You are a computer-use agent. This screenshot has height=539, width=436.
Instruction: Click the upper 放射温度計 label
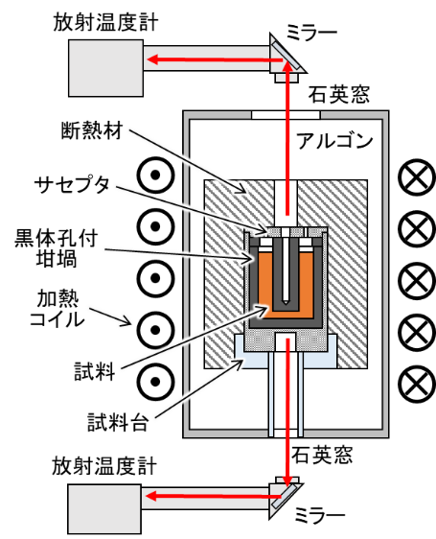click(x=105, y=23)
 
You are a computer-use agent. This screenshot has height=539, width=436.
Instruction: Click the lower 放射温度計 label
click(x=104, y=466)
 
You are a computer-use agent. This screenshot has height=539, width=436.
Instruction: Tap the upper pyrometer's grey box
click(x=105, y=68)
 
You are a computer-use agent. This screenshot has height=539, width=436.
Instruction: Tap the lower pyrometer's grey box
click(x=104, y=508)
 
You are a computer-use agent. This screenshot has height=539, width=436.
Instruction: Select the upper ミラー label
click(x=311, y=34)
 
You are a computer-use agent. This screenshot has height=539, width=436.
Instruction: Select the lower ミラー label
click(x=319, y=516)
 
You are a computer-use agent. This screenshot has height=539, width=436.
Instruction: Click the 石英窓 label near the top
click(x=338, y=94)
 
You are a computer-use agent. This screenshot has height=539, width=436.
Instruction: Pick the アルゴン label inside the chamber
click(x=334, y=141)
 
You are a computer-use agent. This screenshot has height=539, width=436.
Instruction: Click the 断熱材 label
click(x=92, y=130)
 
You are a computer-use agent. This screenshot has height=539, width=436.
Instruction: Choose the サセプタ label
click(x=72, y=184)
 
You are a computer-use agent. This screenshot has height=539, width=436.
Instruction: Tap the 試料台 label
click(x=118, y=422)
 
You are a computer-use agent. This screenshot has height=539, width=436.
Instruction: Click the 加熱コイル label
click(x=57, y=309)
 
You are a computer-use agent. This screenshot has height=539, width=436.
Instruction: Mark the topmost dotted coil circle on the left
click(x=155, y=175)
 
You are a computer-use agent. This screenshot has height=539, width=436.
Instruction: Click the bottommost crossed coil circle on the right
click(x=417, y=384)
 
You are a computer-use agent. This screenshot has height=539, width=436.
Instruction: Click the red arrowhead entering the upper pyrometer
click(x=152, y=59)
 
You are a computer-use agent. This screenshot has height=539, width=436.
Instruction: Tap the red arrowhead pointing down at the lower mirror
click(x=287, y=480)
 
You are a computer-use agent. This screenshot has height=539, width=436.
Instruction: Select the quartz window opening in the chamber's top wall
click(x=286, y=115)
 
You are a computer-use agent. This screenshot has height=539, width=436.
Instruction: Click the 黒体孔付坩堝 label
click(x=57, y=248)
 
